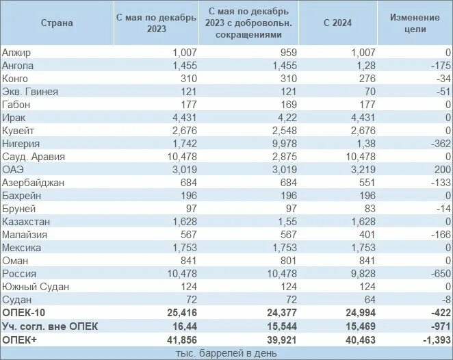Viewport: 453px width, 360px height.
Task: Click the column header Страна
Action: (57, 23)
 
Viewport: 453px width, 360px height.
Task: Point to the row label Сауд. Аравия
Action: (34, 157)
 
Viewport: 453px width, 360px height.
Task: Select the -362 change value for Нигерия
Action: (435, 144)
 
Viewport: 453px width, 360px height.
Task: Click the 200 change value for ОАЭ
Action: (439, 170)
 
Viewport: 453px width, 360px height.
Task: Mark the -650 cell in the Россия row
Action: (435, 274)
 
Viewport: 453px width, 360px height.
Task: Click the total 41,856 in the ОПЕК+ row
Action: (181, 339)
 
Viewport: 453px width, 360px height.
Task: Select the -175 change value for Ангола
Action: (435, 66)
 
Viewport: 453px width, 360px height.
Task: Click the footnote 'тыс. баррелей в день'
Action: (226, 352)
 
